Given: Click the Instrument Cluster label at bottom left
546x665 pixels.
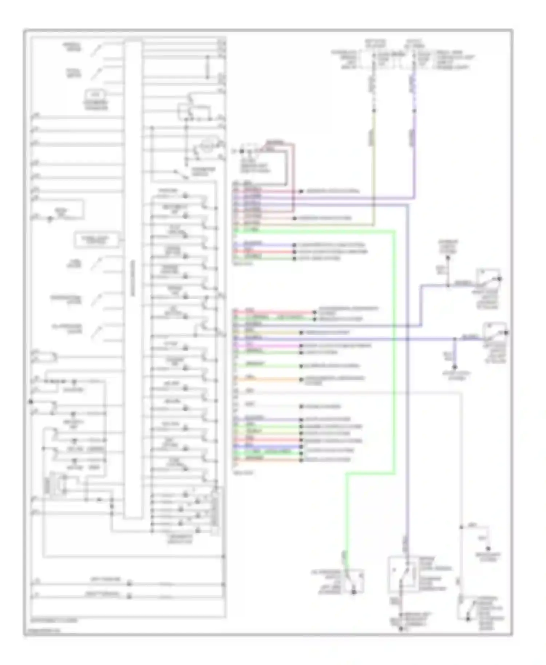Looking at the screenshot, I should point(55,620).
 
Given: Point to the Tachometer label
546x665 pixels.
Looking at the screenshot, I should point(74,73).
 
